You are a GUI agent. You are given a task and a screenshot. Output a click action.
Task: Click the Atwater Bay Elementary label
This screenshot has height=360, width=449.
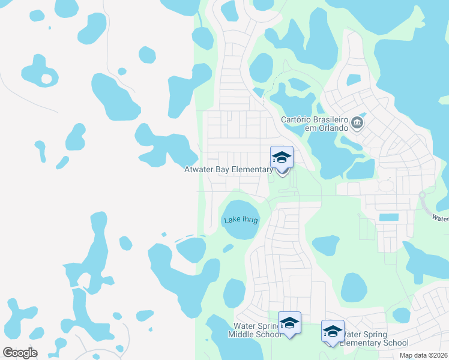coord(228,170)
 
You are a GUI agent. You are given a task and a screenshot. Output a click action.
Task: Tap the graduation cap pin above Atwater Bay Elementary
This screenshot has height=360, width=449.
coord(282,158)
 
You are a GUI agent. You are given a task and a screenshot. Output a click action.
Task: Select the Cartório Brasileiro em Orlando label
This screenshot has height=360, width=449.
coord(315,124)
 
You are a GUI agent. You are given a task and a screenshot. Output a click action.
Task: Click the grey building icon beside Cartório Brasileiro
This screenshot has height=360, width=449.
coord(357,124)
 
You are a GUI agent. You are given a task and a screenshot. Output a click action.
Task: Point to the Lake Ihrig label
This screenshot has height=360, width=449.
coord(241,220)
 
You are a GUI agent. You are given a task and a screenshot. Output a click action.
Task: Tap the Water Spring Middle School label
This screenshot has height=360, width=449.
coord(255,330)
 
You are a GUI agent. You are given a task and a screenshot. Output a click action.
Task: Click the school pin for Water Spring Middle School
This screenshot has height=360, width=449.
coord(289,323)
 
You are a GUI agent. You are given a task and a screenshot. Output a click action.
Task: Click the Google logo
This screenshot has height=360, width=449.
coord(20,353)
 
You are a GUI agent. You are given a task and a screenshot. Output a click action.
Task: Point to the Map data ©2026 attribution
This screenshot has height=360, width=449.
coord(423,355)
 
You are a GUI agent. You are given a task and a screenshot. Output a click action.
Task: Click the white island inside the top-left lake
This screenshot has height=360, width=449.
coord(46,79)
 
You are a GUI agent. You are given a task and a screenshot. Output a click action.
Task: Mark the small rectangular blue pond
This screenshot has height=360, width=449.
coord(388,217)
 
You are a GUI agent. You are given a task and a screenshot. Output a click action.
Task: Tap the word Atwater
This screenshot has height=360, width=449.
coord(198,170)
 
